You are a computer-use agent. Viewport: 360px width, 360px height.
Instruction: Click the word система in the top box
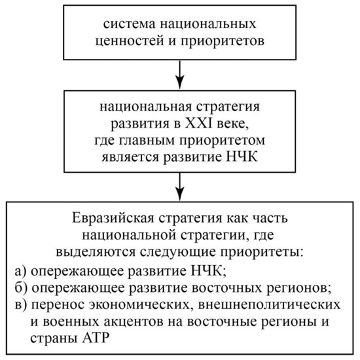point(129,24)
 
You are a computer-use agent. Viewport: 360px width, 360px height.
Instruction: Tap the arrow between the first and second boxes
point(180,74)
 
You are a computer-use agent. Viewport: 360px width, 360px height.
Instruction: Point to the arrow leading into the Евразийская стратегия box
point(180,187)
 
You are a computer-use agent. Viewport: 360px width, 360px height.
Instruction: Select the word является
point(130,158)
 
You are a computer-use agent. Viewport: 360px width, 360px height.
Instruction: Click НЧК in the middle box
point(242,157)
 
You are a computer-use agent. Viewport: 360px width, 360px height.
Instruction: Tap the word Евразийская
point(113,219)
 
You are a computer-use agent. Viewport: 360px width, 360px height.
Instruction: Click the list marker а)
point(21,272)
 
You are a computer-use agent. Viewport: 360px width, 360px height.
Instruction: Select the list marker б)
point(21,288)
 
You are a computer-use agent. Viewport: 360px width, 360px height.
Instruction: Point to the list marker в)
point(21,305)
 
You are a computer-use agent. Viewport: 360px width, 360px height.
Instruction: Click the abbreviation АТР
point(96,338)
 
